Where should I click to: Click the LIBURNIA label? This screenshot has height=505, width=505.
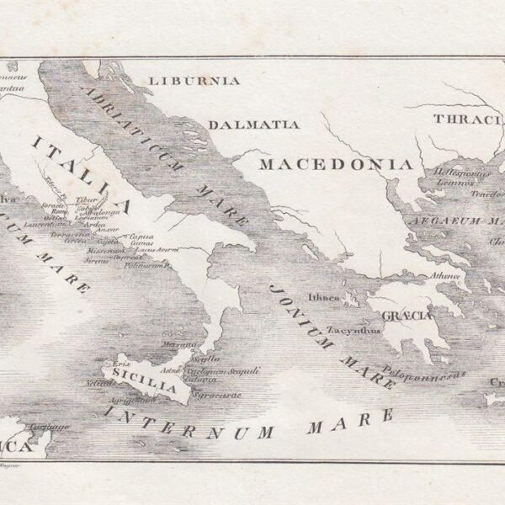point(194,80)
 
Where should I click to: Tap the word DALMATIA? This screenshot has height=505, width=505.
point(253,125)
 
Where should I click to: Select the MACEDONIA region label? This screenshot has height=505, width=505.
point(327,163)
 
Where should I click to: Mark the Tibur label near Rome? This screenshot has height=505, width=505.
point(87,199)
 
